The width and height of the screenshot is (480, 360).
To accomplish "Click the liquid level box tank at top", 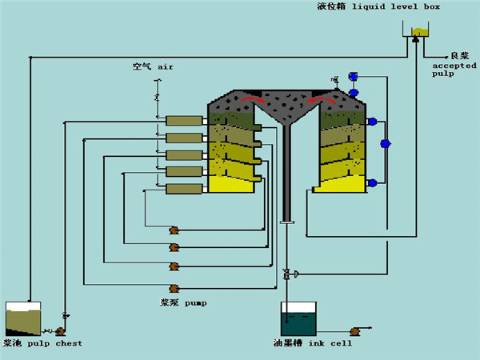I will pyautogui.click(x=418, y=33).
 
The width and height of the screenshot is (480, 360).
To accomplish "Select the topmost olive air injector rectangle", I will pyautogui.click(x=184, y=120).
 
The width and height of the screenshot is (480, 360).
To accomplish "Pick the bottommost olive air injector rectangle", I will pyautogui.click(x=184, y=189).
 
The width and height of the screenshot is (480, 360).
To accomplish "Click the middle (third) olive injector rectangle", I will pyautogui.click(x=184, y=154).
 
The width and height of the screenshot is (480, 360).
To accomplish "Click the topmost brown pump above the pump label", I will pyautogui.click(x=174, y=230).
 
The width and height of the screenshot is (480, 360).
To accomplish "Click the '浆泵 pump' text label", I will pyautogui.click(x=184, y=303).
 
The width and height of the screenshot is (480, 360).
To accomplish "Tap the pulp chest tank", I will pyautogui.click(x=23, y=319).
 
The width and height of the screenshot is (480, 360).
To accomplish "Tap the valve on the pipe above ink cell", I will pyautogui.click(x=286, y=274).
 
